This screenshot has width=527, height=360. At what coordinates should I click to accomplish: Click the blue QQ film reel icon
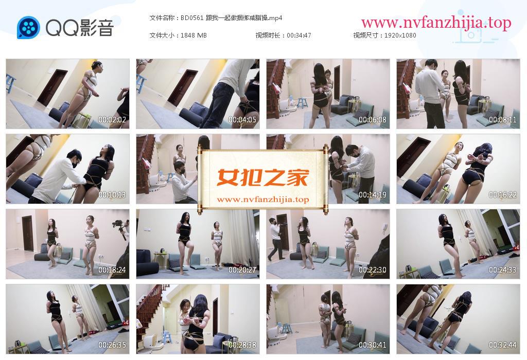29,28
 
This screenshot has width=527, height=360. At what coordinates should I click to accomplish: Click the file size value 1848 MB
194,35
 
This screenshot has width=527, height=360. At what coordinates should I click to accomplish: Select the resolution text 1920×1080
400,35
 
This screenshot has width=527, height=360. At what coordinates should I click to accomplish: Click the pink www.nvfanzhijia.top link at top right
436,23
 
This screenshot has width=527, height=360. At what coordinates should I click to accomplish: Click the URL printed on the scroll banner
263,200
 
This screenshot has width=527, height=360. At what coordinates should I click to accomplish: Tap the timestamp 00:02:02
112,119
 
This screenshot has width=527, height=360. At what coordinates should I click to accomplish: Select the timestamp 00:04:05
242,119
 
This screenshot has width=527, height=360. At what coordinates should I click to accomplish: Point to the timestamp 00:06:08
373,119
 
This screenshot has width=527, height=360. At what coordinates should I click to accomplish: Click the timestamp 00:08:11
502,119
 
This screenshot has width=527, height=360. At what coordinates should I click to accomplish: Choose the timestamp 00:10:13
112,195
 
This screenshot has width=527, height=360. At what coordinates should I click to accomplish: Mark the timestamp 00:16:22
502,195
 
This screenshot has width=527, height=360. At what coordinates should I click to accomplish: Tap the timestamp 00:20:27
242,270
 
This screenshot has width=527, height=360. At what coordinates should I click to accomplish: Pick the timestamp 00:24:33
502,270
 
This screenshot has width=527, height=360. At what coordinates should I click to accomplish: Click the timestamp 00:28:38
242,345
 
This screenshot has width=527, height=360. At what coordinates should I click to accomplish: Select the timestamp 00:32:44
502,345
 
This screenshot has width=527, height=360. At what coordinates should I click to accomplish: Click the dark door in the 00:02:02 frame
52,87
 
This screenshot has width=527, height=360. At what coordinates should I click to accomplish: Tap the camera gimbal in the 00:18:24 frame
123,229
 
